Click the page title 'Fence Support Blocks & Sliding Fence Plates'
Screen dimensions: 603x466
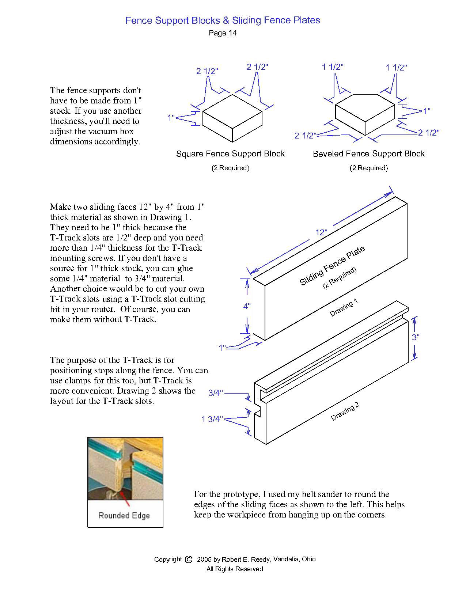click(x=223, y=20)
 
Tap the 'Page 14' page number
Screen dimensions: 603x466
click(x=223, y=33)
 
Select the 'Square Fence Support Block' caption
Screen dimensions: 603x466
click(x=230, y=154)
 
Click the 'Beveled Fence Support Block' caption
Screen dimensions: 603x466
click(x=368, y=154)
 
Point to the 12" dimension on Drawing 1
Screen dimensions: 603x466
click(x=321, y=232)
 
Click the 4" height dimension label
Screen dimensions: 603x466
click(x=247, y=306)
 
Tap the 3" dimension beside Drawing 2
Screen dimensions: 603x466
click(x=416, y=337)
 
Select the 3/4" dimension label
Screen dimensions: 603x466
click(x=215, y=393)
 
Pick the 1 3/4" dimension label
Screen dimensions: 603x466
click(x=212, y=419)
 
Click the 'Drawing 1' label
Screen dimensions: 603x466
click(x=344, y=308)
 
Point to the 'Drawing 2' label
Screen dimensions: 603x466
click(x=345, y=412)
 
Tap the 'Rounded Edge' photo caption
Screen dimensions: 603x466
click(x=124, y=516)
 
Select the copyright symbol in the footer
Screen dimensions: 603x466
click(x=189, y=560)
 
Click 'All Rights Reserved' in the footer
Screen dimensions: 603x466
click(x=235, y=569)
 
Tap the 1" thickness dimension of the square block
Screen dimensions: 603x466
click(x=171, y=118)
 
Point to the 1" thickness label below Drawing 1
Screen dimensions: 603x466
click(x=222, y=348)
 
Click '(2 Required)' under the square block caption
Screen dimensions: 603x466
click(x=230, y=168)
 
